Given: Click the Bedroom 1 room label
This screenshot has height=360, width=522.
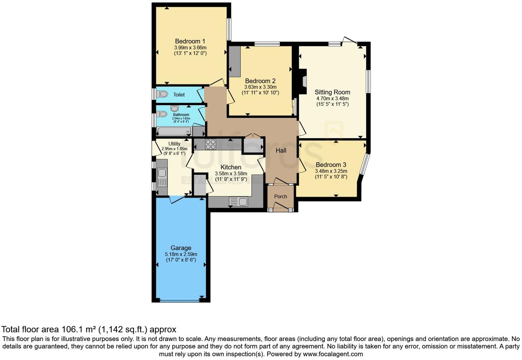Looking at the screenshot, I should click(190, 41).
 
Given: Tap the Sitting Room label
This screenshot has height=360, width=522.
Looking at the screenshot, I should click(332, 92).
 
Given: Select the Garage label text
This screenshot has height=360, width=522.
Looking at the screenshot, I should click(181, 248).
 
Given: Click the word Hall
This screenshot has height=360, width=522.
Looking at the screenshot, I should click(281, 150).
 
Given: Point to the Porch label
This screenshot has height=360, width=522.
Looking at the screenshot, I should click(280, 196).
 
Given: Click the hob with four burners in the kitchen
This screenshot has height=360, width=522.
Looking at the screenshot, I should click(211, 144).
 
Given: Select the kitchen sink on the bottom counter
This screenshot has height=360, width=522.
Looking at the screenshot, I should click(238, 202).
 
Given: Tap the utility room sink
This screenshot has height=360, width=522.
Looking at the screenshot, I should click(161, 177).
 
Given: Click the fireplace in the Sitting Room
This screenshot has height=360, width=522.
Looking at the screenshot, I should click(303, 81).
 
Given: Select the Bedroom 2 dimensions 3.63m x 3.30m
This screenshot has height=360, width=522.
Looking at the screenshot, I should click(260, 87).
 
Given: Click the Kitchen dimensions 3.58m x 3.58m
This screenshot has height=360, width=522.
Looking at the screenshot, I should click(231, 174).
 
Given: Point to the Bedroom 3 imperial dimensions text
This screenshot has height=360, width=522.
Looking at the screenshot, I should click(331, 177).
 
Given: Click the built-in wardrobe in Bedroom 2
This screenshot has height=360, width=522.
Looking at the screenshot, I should click(235, 61).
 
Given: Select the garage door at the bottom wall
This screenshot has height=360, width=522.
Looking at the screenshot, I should click(180, 301).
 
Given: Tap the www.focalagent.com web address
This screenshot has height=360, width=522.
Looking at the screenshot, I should click(333, 354).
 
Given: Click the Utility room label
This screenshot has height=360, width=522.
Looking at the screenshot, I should click(174, 144).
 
